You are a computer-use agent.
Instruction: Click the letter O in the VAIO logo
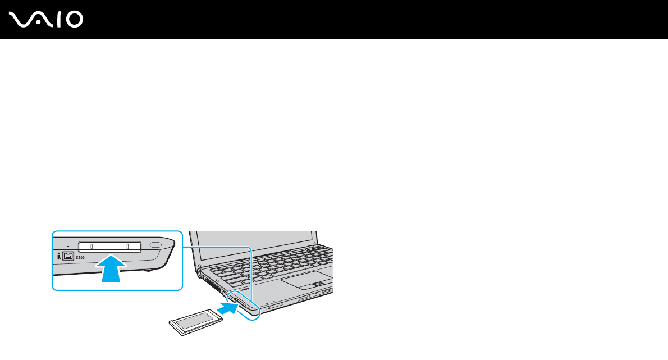(72, 20)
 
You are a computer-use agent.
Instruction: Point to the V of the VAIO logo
(21, 20)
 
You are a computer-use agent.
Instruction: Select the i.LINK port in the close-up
(68, 256)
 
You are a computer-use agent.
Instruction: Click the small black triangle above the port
(68, 247)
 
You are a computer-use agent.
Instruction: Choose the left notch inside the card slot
(91, 246)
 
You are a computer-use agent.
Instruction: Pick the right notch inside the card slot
(128, 246)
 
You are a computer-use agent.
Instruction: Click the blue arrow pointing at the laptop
(225, 307)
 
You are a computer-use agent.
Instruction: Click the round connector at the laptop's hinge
(200, 275)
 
